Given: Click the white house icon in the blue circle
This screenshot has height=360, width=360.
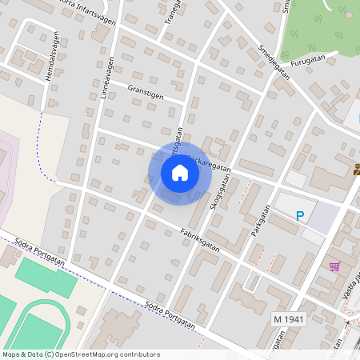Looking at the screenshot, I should [x=180, y=172].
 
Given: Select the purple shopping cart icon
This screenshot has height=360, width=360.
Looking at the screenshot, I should [x=334, y=266].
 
